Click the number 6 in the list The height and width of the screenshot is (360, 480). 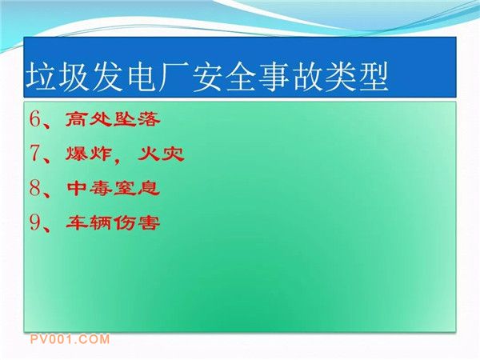[35, 118]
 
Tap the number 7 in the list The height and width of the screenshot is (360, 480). [35, 153]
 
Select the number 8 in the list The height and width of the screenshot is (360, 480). [35, 187]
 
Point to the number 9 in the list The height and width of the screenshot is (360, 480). [35, 222]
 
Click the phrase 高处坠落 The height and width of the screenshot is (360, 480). [113, 118]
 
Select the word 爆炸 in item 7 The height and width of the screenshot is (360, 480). [88, 154]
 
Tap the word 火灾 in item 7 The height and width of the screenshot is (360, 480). [161, 154]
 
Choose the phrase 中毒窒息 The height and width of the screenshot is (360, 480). [114, 188]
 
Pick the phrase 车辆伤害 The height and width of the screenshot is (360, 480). [113, 222]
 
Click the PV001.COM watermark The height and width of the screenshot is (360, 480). [70, 339]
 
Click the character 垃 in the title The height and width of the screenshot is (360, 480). [42, 77]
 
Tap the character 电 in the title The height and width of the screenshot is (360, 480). [142, 77]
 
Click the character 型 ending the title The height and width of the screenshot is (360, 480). [373, 77]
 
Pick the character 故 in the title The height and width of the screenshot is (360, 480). [307, 77]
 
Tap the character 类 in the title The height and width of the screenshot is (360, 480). [340, 77]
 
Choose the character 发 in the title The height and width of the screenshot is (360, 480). [108, 77]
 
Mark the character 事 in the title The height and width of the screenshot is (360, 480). [274, 77]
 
